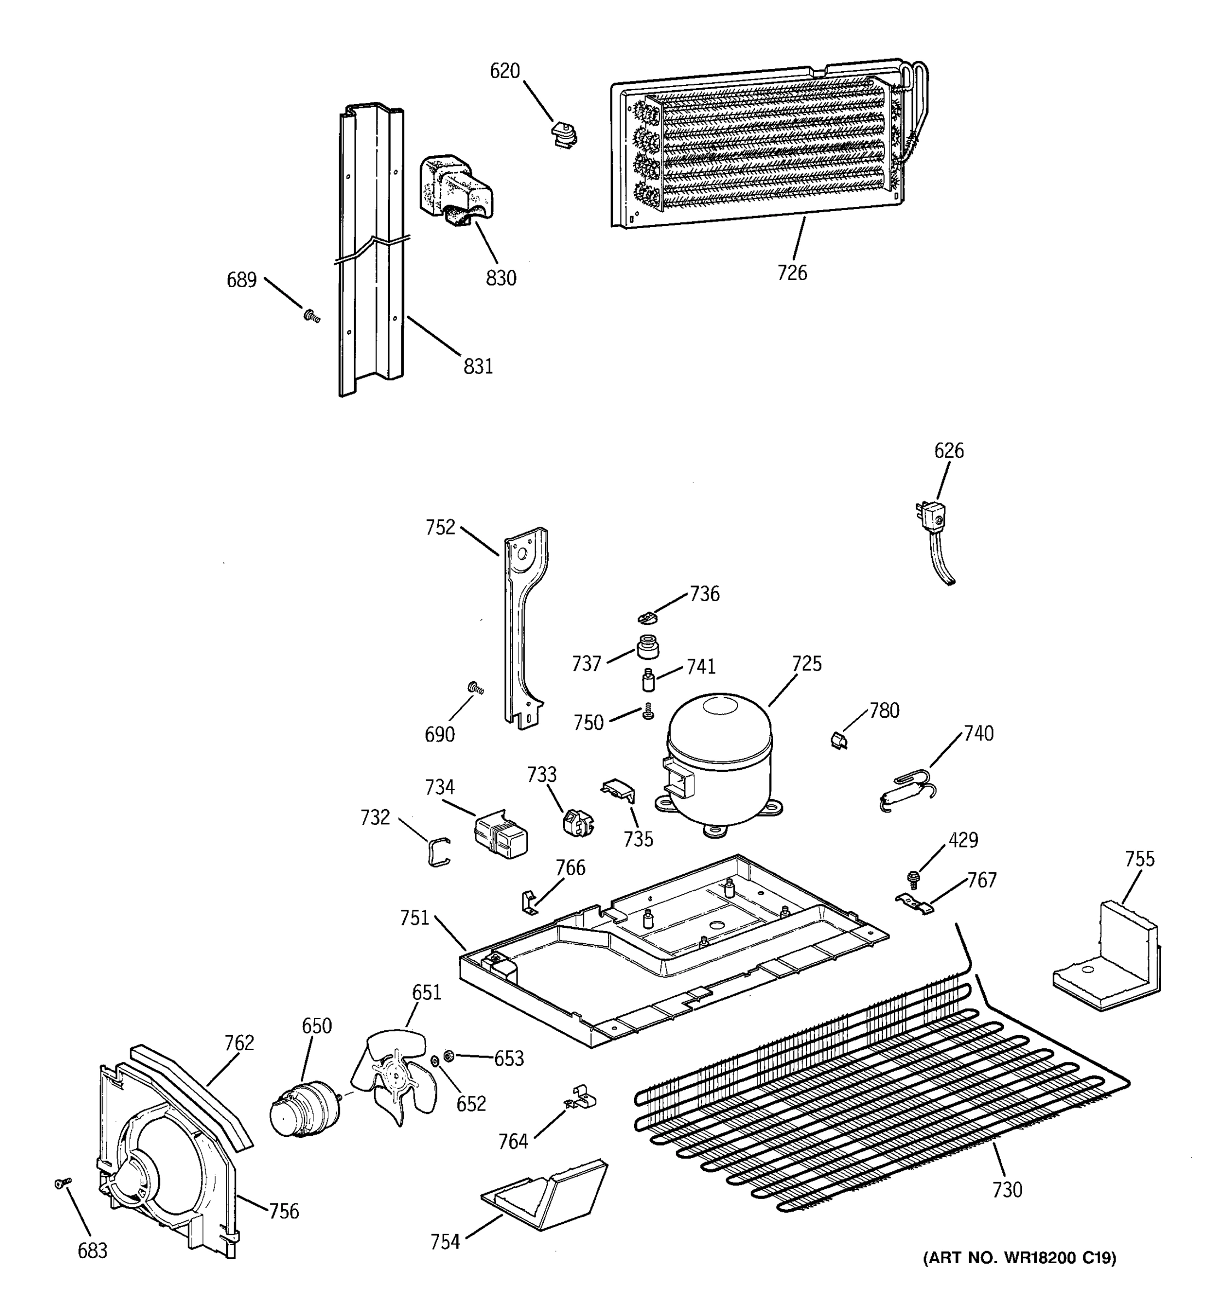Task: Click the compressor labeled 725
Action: [x=718, y=759]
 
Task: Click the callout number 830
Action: [x=501, y=278]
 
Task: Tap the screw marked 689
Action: [x=312, y=316]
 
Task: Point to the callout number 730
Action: [x=1007, y=1189]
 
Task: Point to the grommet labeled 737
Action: [x=648, y=647]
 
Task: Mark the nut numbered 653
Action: [x=449, y=1055]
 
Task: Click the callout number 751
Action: [x=414, y=918]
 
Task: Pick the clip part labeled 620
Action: [x=564, y=134]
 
